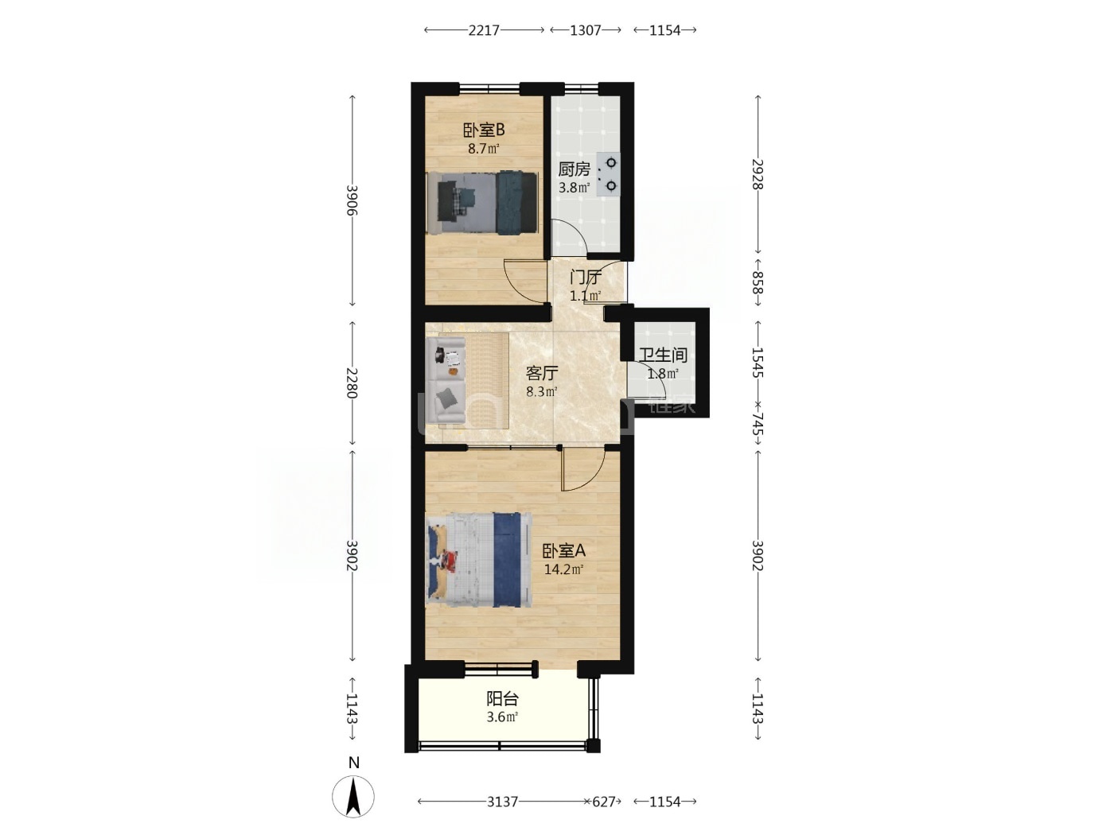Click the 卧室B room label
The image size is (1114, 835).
click(x=483, y=130)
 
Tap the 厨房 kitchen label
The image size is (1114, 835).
click(x=574, y=169)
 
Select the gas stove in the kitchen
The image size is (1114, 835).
click(x=608, y=174)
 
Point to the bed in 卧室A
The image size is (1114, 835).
click(x=479, y=560)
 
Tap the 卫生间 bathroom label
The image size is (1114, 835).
click(x=663, y=355)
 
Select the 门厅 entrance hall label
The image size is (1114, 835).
click(x=585, y=278)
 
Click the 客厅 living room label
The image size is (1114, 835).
click(x=542, y=373)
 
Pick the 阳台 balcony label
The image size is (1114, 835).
click(x=502, y=699)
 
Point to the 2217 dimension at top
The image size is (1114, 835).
click(x=484, y=30)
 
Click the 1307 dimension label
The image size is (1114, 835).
click(x=585, y=30)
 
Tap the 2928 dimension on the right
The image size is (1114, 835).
click(x=758, y=174)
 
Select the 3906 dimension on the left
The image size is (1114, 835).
click(x=352, y=200)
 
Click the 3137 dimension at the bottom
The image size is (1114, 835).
click(x=502, y=802)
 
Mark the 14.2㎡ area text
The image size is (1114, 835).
click(x=563, y=569)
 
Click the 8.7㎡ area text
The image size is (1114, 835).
click(x=483, y=149)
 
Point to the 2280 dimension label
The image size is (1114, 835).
click(x=352, y=383)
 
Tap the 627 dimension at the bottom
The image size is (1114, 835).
click(x=603, y=802)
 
